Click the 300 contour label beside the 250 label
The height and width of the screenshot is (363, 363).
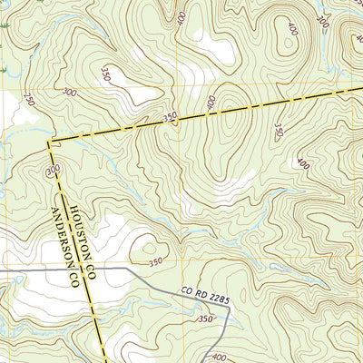coord(69,92)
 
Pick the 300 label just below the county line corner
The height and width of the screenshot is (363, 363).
coord(54,170)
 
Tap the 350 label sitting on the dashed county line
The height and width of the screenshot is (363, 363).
coord(170,117)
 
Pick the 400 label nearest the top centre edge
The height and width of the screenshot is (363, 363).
coord(181,17)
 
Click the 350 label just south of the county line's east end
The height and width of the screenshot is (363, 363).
coord(279,132)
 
